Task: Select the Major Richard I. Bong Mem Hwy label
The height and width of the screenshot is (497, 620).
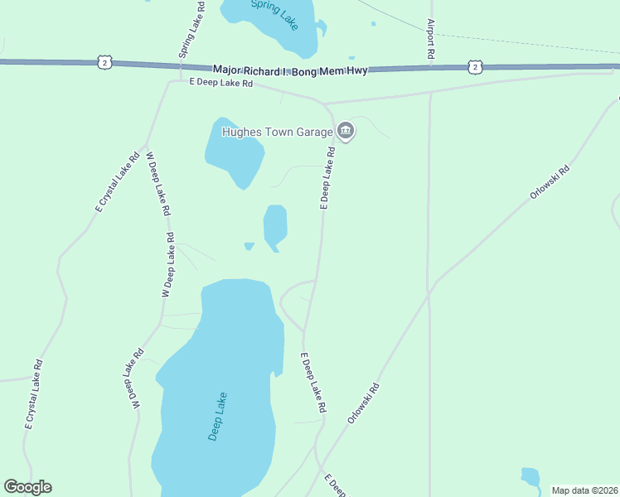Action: pyautogui.click(x=289, y=71)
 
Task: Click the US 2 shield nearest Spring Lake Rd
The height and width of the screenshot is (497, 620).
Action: pyautogui.click(x=104, y=61)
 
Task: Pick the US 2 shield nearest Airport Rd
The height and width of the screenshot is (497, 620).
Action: pyautogui.click(x=473, y=66)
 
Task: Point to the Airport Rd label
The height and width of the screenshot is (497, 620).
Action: pyautogui.click(x=431, y=38)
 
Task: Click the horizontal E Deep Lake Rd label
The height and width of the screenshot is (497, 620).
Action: pyautogui.click(x=220, y=83)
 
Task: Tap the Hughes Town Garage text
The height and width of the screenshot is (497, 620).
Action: pyautogui.click(x=276, y=131)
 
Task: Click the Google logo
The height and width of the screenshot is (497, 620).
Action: pyautogui.click(x=27, y=487)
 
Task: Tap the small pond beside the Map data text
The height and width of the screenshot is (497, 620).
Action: pyautogui.click(x=530, y=476)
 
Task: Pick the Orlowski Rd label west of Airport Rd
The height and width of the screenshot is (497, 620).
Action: pyautogui.click(x=364, y=403)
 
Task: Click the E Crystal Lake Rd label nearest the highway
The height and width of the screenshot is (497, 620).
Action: pyautogui.click(x=117, y=182)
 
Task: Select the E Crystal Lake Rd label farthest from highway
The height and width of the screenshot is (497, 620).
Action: pyautogui.click(x=34, y=394)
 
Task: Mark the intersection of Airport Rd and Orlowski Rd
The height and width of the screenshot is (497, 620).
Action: pyautogui.click(x=429, y=291)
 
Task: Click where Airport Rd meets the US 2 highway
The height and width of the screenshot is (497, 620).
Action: pyautogui.click(x=431, y=68)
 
